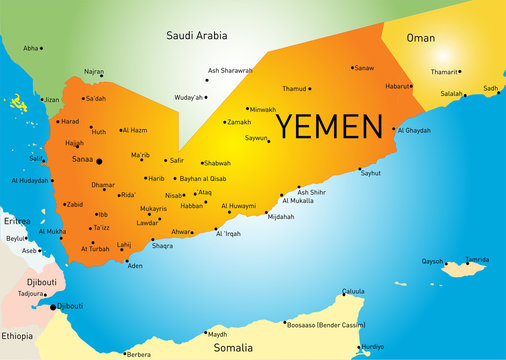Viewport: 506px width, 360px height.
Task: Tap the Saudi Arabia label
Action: (x=198, y=36)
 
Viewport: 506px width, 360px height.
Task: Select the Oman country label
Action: (x=421, y=38)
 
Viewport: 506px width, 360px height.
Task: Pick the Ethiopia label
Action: (x=16, y=336)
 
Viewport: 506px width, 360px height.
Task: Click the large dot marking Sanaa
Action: (x=99, y=160)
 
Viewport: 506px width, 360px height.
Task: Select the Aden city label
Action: (x=135, y=266)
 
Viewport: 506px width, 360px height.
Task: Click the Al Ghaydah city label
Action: (x=415, y=130)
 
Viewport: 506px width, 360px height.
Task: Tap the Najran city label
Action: (x=93, y=72)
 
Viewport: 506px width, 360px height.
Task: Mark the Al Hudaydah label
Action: (x=29, y=181)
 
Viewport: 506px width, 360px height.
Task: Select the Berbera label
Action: (x=138, y=354)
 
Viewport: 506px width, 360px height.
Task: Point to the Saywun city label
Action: (x=257, y=138)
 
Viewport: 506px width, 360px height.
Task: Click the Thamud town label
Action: (x=295, y=88)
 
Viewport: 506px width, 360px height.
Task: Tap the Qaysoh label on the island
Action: (x=432, y=261)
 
